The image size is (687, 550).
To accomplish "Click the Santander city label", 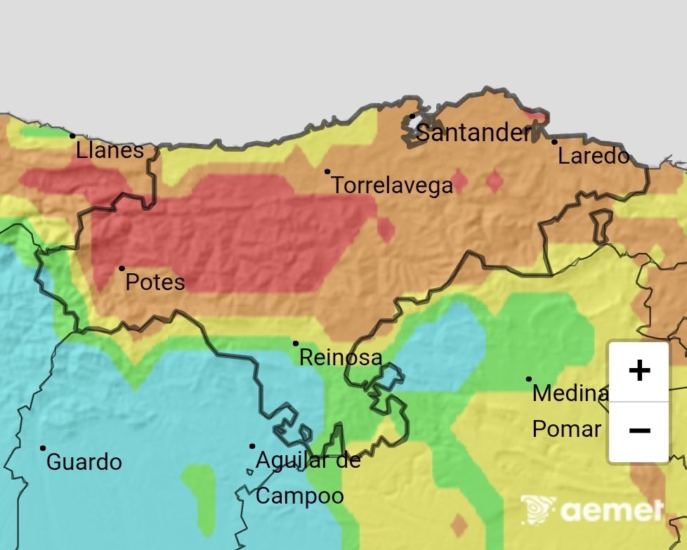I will point(473,133).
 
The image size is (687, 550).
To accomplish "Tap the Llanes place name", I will point(110,150).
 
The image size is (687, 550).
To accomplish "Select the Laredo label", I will point(594,156).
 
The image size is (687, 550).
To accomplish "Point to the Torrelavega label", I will point(392,186).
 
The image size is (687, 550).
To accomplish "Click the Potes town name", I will point(155,282).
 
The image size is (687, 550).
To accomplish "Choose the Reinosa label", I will point(341,358).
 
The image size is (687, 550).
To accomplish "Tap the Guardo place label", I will point(84,462).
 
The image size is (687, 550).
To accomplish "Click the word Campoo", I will point(300,496).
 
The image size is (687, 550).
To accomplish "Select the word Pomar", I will point(566,429).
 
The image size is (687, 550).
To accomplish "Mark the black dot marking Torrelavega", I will point(327,171).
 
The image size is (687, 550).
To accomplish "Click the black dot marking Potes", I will point(122,268).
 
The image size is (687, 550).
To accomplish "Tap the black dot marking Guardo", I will point(43,448).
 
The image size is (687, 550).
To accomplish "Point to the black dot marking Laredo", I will point(554,142).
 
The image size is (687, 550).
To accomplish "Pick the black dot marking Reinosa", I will point(296,343).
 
